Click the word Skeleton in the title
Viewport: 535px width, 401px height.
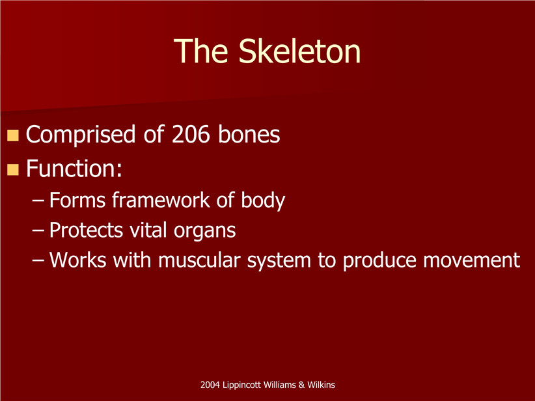click(x=299, y=51)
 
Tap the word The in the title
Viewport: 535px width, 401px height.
click(x=201, y=51)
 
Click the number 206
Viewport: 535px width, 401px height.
click(x=191, y=134)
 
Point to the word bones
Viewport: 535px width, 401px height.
click(x=249, y=134)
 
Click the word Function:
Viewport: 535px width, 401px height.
click(x=74, y=169)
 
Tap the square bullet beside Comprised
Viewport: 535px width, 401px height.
click(x=12, y=135)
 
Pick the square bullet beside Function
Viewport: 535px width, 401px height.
click(x=12, y=170)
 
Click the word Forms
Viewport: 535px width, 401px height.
click(x=77, y=200)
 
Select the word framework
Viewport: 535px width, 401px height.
click(x=161, y=200)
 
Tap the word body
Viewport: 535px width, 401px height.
click(x=263, y=201)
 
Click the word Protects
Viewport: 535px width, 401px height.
click(x=86, y=230)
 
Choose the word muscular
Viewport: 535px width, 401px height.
click(x=199, y=260)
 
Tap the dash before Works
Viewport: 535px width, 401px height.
click(x=38, y=260)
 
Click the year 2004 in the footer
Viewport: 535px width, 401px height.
click(x=210, y=385)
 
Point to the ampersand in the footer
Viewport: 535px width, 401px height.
click(x=301, y=385)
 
